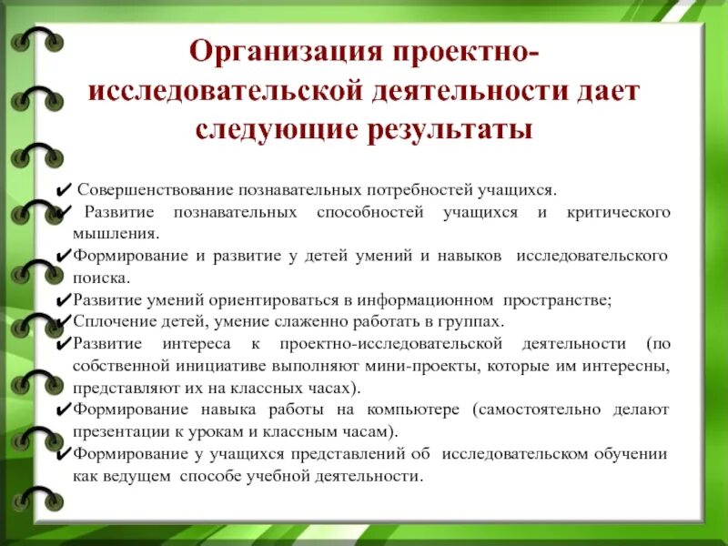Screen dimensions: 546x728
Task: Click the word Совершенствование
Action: click(155, 190)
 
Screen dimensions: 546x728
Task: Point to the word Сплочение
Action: click(109, 321)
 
